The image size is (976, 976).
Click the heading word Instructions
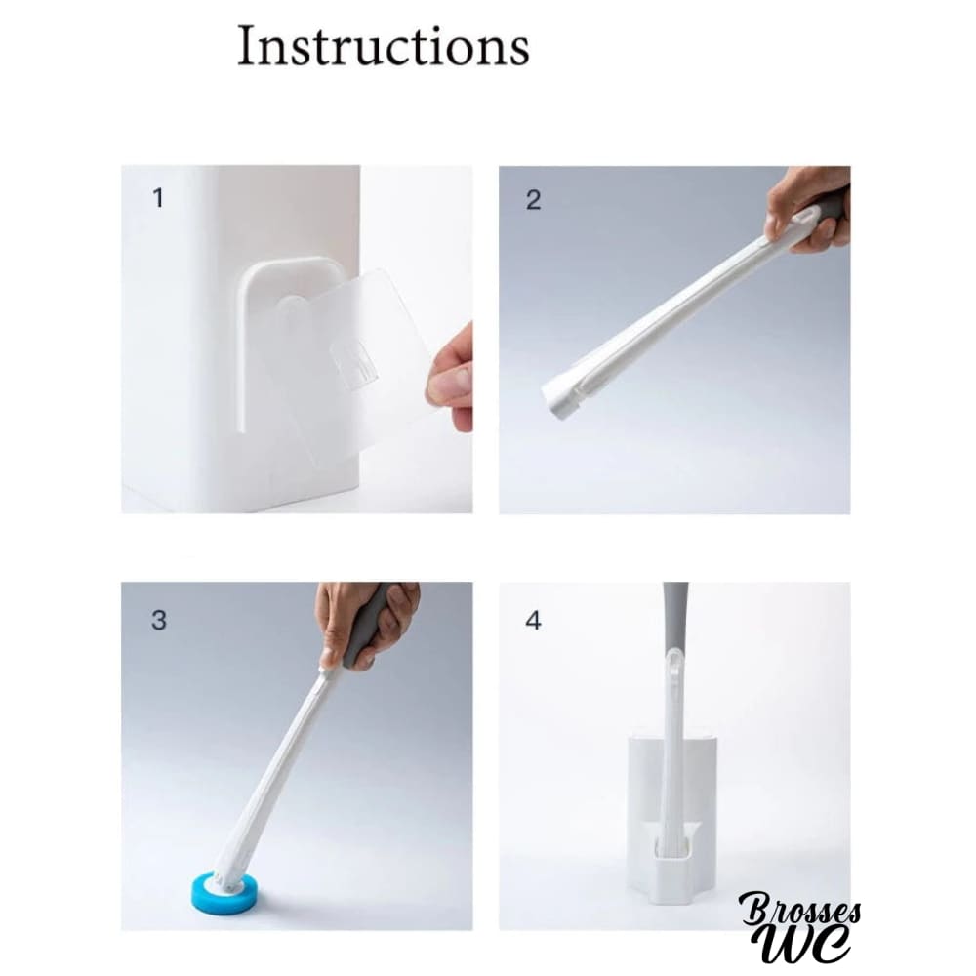384,46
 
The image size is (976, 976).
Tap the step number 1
158,198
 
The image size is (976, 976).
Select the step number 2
533,200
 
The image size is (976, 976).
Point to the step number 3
159,620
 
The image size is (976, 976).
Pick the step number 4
534,621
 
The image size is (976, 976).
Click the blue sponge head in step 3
227,888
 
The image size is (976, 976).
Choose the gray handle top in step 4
675,616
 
